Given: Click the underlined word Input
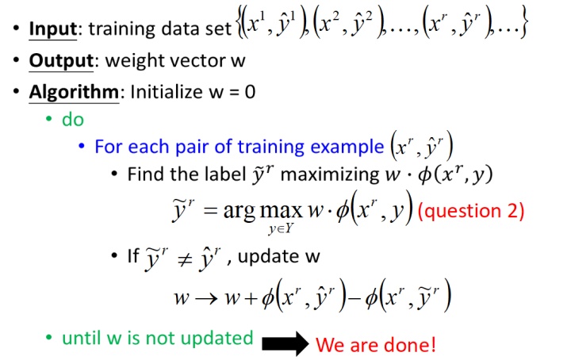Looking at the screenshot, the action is coord(53,29).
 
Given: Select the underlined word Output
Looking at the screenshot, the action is coord(61,61).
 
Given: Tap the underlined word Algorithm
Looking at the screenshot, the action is coord(74,92).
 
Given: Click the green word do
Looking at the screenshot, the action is coord(73,120).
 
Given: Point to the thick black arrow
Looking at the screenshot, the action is coord(285,343).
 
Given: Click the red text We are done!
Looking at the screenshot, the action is coord(375,345).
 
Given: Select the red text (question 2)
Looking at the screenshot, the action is coord(471,211).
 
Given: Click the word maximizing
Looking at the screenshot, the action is coord(330,174).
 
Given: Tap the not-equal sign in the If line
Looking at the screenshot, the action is coord(185,260).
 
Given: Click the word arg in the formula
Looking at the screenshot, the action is coord(239,211).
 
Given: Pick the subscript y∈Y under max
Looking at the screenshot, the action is coord(281,228).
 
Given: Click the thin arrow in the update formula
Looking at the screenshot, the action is coord(206,299).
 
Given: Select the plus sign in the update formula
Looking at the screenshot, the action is coord(251,299).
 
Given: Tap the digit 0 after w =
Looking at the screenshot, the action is coord(250,92).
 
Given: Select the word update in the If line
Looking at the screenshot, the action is coord(268,256).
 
